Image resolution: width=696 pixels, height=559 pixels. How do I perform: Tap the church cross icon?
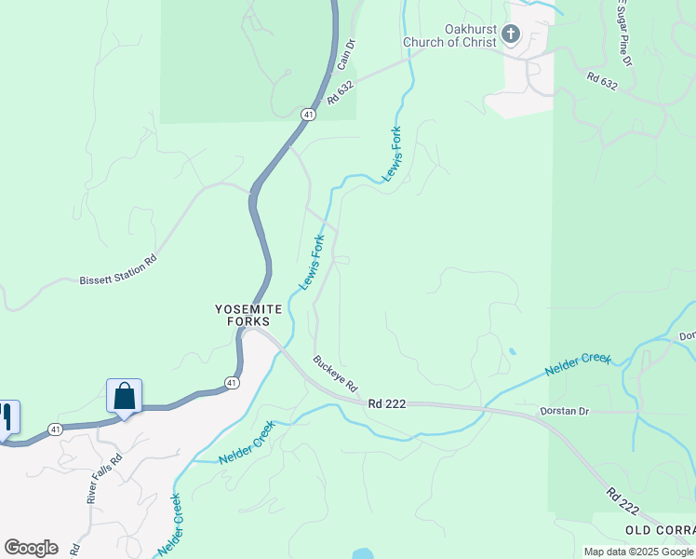click(x=509, y=35)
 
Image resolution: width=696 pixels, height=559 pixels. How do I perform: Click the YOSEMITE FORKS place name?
click(x=249, y=315)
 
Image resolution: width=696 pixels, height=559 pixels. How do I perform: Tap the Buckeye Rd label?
click(x=336, y=374)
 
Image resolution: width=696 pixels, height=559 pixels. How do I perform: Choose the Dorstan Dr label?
click(x=566, y=411)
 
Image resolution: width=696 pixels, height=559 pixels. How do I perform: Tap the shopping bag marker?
click(x=124, y=397)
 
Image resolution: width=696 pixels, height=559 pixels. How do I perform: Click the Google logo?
click(x=31, y=548)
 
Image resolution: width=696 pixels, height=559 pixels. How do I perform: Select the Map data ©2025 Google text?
click(x=638, y=552)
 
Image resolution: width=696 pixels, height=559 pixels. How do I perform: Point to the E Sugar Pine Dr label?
click(x=622, y=33)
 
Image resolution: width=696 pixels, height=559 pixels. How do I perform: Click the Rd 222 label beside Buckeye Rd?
click(x=388, y=403)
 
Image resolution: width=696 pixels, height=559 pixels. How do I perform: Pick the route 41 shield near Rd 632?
click(x=307, y=114)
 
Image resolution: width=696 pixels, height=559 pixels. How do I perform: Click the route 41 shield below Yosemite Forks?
click(x=232, y=383)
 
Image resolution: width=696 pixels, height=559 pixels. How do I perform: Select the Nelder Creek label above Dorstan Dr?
click(x=578, y=365)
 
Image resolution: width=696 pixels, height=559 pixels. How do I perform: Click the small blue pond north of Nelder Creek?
click(x=511, y=352)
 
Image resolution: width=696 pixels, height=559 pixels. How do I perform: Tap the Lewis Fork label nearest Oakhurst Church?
click(x=393, y=154)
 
